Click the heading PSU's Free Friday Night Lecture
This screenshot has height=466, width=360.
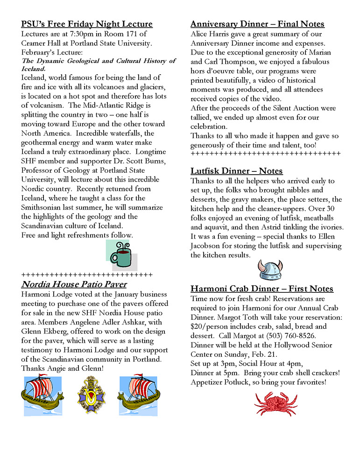pos(87,24)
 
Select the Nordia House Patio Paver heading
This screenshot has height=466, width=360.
pos(74,284)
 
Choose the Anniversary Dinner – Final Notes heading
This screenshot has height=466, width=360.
pos(257,24)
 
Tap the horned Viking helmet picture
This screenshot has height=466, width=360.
pos(270,270)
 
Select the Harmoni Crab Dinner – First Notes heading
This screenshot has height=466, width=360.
pos(261,289)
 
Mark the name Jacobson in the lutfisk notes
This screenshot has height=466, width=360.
pos(209,246)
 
